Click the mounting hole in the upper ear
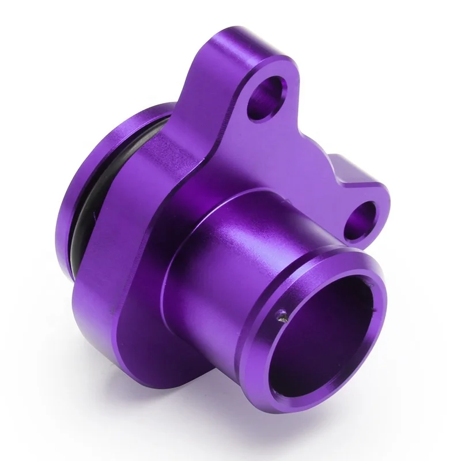click(x=269, y=95)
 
